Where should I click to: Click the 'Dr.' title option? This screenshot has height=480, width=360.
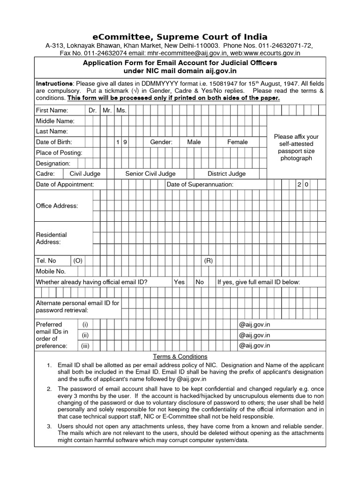pyautogui.click(x=92, y=110)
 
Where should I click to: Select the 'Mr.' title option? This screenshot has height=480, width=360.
pyautogui.click(x=107, y=110)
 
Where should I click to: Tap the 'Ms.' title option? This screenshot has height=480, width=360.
pyautogui.click(x=121, y=110)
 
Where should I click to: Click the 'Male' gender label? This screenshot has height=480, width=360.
pyautogui.click(x=194, y=142)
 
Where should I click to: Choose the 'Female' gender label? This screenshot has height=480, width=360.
pyautogui.click(x=238, y=142)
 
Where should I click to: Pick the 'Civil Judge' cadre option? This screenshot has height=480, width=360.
pyautogui.click(x=85, y=174)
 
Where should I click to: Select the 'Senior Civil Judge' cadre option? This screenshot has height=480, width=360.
pyautogui.click(x=150, y=174)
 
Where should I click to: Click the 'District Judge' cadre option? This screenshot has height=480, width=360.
pyautogui.click(x=226, y=174)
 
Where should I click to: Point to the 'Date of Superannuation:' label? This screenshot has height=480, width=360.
pyautogui.click(x=200, y=185)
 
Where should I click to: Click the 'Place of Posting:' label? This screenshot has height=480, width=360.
pyautogui.click(x=59, y=153)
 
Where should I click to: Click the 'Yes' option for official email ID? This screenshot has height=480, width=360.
pyautogui.click(x=179, y=282)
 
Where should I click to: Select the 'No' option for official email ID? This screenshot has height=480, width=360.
pyautogui.click(x=200, y=282)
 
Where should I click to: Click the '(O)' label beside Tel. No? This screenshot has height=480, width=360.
pyautogui.click(x=77, y=261)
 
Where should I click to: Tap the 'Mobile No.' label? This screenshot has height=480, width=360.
pyautogui.click(x=51, y=271)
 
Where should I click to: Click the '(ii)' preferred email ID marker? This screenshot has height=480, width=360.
pyautogui.click(x=85, y=335)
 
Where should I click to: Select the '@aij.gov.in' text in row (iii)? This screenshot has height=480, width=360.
pyautogui.click(x=255, y=346)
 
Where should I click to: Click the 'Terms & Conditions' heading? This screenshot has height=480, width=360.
pyautogui.click(x=180, y=357)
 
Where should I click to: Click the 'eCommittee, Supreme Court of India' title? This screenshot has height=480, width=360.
pyautogui.click(x=180, y=37)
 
